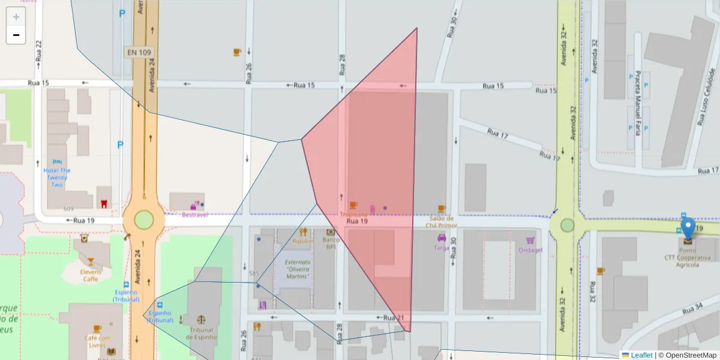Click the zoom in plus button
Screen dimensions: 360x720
click(x=16, y=17)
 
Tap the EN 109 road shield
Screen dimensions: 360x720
click(x=139, y=52)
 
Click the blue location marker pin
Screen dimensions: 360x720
click(x=688, y=229)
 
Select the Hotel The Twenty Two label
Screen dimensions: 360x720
click(x=57, y=177)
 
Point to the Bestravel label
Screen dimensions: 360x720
click(x=194, y=214)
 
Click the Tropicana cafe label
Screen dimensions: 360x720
click(x=353, y=214)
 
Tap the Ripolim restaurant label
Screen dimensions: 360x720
click(x=303, y=241)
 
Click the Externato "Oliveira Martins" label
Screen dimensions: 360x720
click(x=298, y=269)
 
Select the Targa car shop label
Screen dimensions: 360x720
click(x=442, y=247)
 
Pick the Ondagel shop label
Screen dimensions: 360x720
click(x=530, y=250)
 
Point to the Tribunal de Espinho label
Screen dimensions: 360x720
click(x=200, y=333)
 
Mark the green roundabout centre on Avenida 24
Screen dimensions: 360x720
click(x=144, y=220)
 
